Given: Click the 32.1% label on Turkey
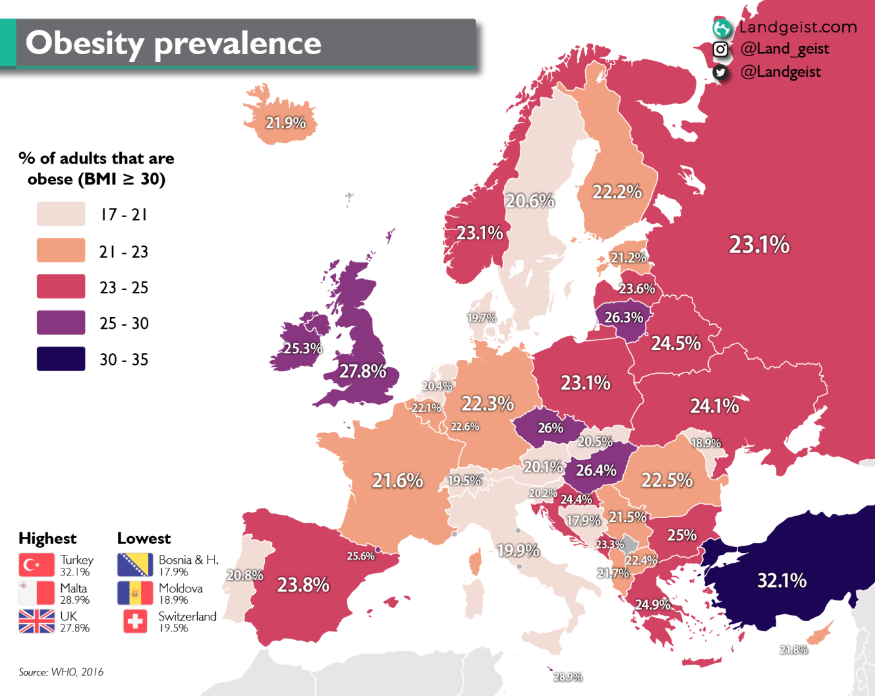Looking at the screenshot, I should point(782,581).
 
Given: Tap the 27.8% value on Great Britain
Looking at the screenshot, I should point(363,371).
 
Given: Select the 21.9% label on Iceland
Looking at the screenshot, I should point(285,122).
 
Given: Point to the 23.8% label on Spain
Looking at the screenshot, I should point(303,585).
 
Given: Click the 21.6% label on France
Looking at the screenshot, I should point(398,481).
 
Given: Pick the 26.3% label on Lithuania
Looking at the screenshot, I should point(624,318).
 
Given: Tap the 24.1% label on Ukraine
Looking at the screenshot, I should point(715,406).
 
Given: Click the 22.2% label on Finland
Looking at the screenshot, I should point(617,192).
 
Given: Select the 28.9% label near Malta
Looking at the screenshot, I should point(568,677).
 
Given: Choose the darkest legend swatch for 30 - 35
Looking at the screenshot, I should point(61,359).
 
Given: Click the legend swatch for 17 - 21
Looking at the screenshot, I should point(61,214).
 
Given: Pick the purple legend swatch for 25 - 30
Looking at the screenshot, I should point(61,323).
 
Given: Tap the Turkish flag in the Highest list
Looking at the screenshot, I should point(37,565).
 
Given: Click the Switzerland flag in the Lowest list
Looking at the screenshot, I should point(135,621).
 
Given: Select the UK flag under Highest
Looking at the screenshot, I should point(37,621).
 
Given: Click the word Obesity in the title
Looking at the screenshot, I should point(84,44).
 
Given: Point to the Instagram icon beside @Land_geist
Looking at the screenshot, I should point(720,50).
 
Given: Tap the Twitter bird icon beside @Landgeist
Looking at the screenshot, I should point(720,72).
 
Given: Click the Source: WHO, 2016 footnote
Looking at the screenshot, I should point(61,672).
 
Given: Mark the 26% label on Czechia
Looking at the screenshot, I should point(550,428).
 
